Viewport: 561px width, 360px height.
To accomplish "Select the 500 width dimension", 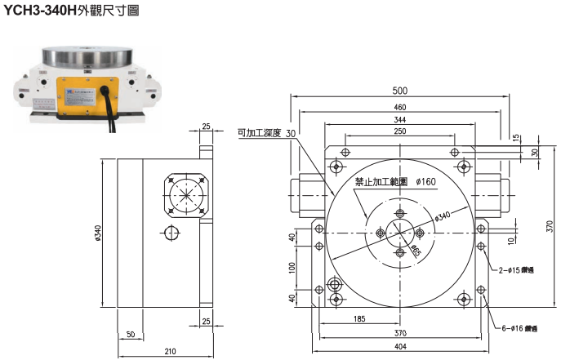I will pyautogui.click(x=399, y=90).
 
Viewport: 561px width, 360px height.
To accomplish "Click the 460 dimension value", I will pyautogui.click(x=399, y=107).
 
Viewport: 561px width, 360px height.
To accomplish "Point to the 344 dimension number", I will pyautogui.click(x=399, y=121).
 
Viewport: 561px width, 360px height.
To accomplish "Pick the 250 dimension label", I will pyautogui.click(x=399, y=131).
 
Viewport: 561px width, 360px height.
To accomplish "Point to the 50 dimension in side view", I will pyautogui.click(x=131, y=335).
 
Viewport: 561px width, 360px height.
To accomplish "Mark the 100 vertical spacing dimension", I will pyautogui.click(x=292, y=268).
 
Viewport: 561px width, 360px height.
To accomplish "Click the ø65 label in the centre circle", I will pyautogui.click(x=416, y=248).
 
